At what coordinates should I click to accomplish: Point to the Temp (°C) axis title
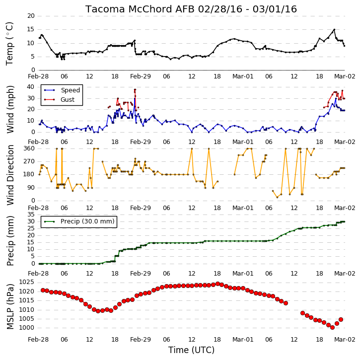point(9,44)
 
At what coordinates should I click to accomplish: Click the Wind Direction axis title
point(10,175)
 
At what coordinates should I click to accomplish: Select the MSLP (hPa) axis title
point(10,306)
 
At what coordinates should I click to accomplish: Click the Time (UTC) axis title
point(191,350)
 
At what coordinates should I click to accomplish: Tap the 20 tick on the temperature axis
point(31,16)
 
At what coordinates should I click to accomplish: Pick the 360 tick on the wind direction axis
point(29,148)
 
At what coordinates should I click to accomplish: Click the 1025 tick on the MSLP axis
point(26,282)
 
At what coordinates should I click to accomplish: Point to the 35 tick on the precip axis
point(31,215)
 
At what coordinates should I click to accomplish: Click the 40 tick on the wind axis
point(31,87)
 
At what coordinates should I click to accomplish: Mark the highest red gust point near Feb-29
point(135,89)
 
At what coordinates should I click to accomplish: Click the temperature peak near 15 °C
point(334,29)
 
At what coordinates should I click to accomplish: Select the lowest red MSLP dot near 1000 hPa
point(332,327)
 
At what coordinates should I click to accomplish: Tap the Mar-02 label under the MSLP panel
point(345,340)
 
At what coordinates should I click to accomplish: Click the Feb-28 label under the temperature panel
point(38,76)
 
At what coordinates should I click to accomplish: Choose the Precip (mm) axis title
point(10,241)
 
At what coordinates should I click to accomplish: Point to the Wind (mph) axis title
point(10,109)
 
